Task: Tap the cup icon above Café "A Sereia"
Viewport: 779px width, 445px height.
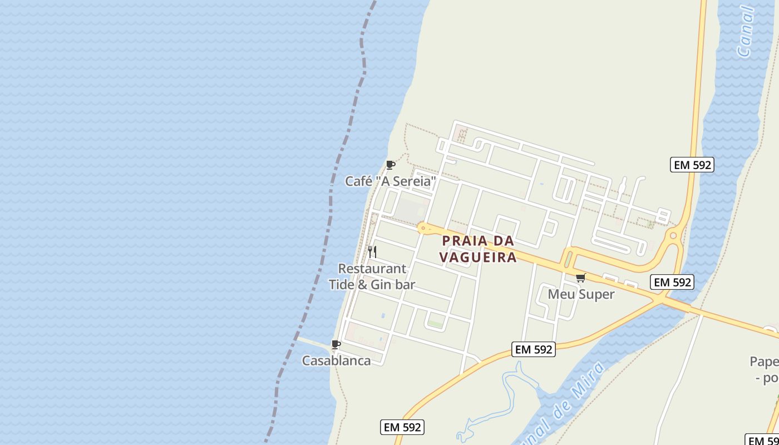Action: pyautogui.click(x=390, y=165)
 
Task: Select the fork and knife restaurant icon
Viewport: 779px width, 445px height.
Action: pyautogui.click(x=372, y=252)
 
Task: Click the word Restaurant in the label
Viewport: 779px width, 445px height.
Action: pyautogui.click(x=372, y=269)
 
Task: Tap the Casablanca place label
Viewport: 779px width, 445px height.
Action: pyautogui.click(x=336, y=360)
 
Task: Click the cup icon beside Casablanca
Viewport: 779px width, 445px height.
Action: pyautogui.click(x=336, y=345)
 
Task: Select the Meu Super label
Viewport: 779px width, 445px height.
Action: pyautogui.click(x=581, y=294)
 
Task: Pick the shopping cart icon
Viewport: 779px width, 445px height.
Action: pyautogui.click(x=581, y=278)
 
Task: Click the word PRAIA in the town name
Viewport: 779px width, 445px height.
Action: pyautogui.click(x=466, y=241)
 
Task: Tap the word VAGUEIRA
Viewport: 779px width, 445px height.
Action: pyautogui.click(x=478, y=257)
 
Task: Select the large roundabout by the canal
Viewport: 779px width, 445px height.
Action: pyautogui.click(x=673, y=235)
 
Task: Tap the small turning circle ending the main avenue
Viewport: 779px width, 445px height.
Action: pyautogui.click(x=423, y=228)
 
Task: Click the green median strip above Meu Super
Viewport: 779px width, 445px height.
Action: pyautogui.click(x=568, y=259)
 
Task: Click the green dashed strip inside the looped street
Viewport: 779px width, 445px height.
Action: pyautogui.click(x=435, y=324)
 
